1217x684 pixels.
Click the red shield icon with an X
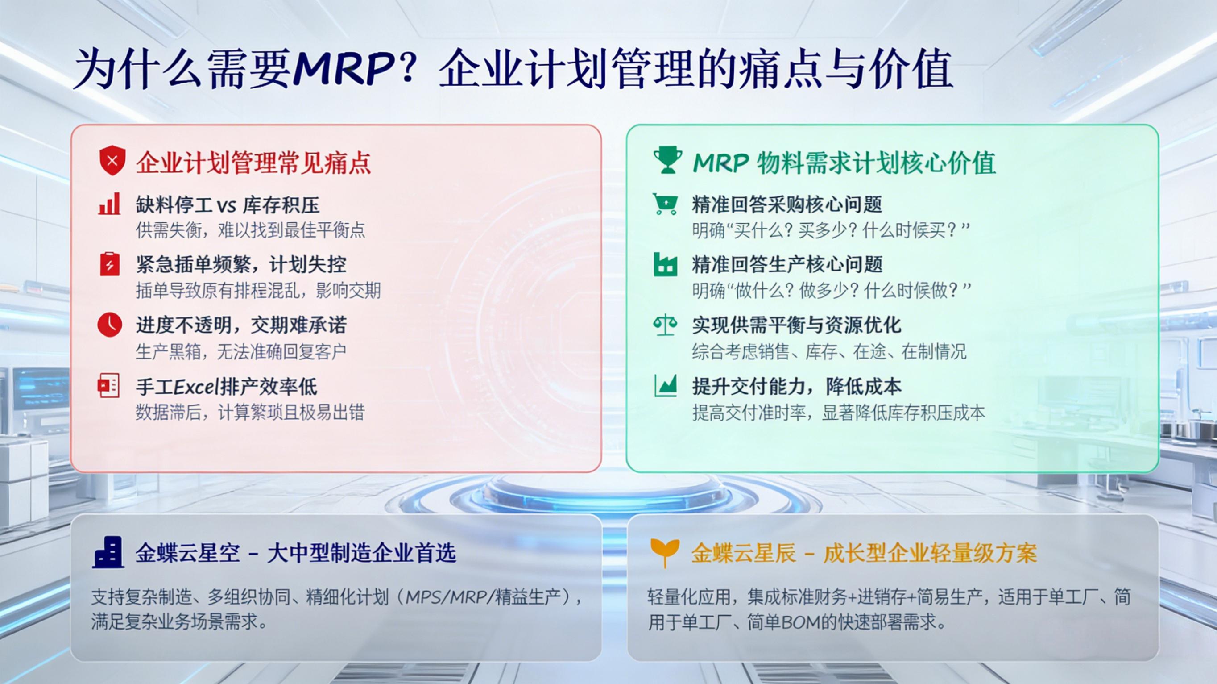point(112,161)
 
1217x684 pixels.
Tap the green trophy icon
point(667,161)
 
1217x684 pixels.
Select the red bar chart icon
point(110,204)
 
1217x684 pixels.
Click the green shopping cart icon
point(665,204)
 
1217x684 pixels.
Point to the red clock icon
point(110,325)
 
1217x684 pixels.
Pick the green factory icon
point(665,264)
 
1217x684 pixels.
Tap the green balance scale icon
point(665,325)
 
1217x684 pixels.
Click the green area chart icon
point(666,385)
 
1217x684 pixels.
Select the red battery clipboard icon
point(110,264)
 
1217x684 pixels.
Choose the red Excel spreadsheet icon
point(109,386)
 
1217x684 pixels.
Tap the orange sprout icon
point(665,553)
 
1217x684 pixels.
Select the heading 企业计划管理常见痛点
point(254,163)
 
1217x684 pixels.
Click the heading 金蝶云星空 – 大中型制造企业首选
point(296,553)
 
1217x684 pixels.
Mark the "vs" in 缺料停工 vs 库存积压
point(227,206)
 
